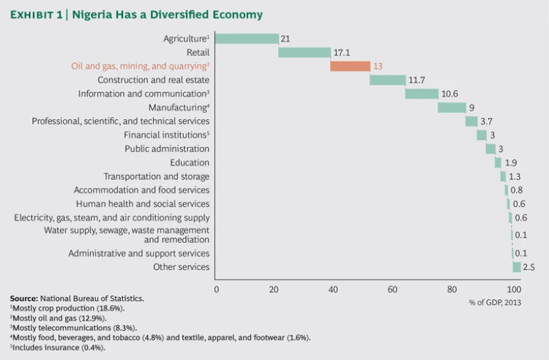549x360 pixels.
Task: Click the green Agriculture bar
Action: coord(247,39)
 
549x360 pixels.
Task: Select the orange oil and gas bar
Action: coord(350,66)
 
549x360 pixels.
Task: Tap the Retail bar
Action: coord(305,52)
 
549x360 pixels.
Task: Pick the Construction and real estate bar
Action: coord(387,80)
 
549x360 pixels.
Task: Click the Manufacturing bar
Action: coord(452,107)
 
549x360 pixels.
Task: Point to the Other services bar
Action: coord(517,267)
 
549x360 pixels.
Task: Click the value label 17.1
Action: coord(343,52)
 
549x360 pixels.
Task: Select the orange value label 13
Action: coord(378,66)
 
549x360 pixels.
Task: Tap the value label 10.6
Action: coord(450,94)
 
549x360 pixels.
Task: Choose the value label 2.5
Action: coord(529,267)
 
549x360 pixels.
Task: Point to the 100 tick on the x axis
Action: coord(514,289)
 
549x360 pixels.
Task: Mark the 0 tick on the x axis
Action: coord(217,289)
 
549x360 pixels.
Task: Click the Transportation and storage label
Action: coord(157,176)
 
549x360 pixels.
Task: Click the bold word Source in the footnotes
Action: coord(24,297)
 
